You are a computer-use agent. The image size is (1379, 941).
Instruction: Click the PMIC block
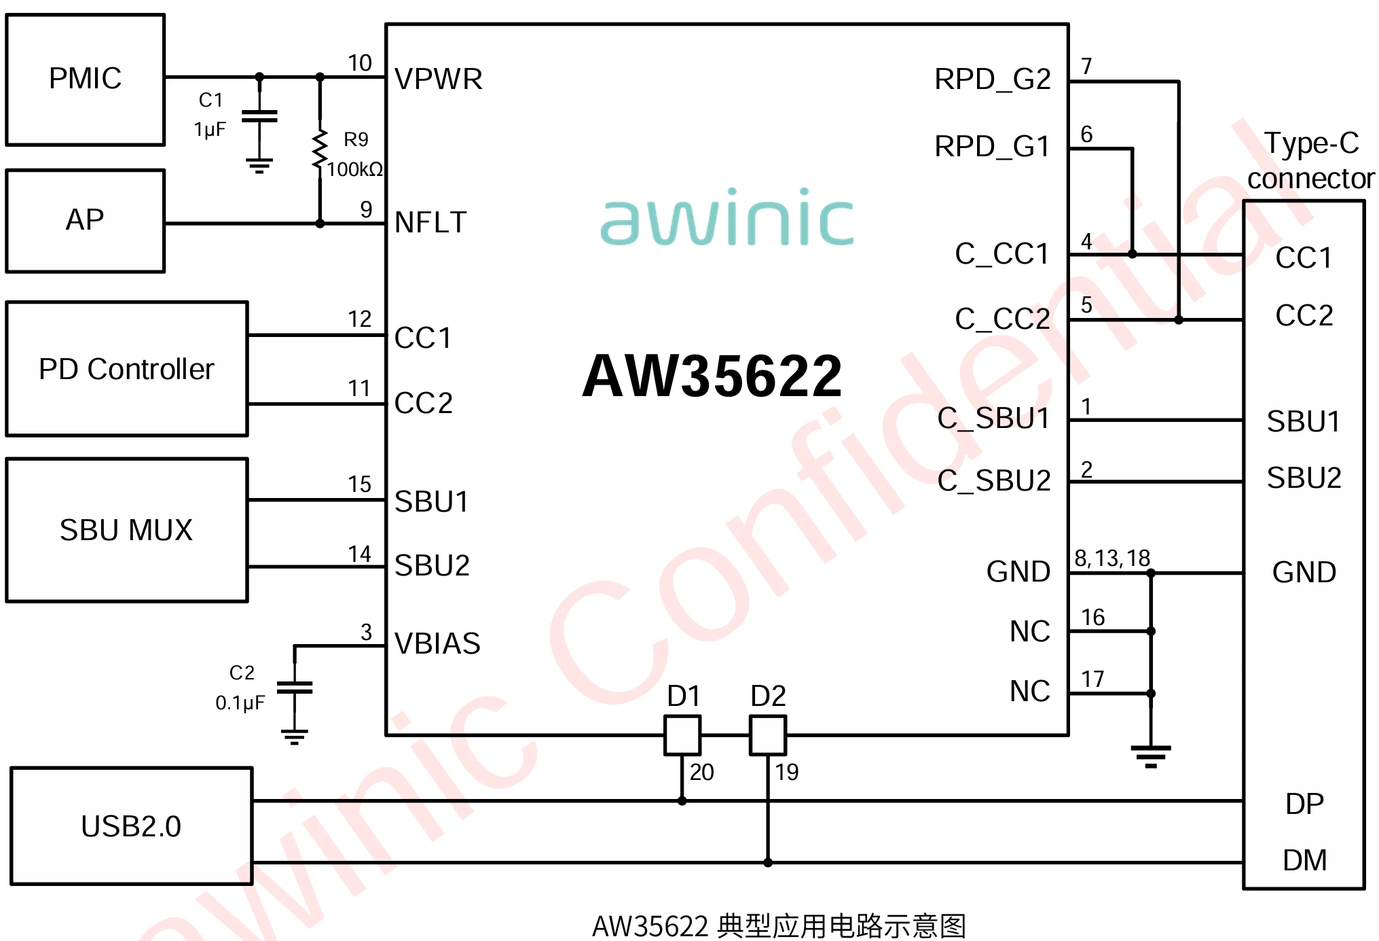86,79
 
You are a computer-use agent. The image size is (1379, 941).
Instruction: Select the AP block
86,221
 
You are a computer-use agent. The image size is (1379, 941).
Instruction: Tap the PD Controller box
127,369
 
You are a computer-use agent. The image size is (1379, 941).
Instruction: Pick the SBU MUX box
127,530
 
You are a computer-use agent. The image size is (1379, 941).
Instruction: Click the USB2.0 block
132,826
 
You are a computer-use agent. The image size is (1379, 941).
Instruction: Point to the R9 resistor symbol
320,150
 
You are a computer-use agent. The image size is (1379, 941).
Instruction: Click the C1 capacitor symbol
259,116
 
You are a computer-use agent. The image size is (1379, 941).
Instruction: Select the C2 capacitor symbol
295,688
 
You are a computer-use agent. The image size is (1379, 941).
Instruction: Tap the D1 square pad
682,735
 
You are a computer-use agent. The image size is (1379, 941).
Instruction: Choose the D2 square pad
768,735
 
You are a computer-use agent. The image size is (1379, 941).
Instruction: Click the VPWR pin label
439,79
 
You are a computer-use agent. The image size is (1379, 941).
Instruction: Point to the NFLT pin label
430,223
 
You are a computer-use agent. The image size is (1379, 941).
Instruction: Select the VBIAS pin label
437,643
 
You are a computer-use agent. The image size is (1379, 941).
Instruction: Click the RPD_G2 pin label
992,79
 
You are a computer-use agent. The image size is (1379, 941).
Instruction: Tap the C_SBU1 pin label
993,419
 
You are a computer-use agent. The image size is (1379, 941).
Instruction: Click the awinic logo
727,217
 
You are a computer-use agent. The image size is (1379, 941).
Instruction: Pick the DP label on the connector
1304,804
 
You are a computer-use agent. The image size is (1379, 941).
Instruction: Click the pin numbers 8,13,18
1112,558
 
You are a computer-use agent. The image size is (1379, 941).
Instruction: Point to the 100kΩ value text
354,169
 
